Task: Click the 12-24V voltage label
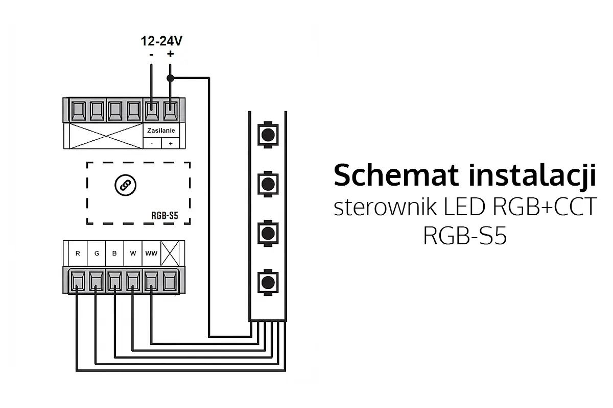pyautogui.click(x=162, y=41)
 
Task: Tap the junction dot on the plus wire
pyautogui.click(x=170, y=78)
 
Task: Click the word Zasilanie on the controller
pyautogui.click(x=161, y=131)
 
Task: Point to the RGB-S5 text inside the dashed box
pyautogui.click(x=165, y=215)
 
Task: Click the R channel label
pyautogui.click(x=78, y=253)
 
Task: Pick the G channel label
pyautogui.click(x=97, y=253)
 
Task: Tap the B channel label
pyautogui.click(x=115, y=253)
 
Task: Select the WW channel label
pyautogui.click(x=151, y=253)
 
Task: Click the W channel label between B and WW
pyautogui.click(x=133, y=253)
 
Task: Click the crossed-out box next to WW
pyautogui.click(x=169, y=252)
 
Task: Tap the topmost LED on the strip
pyautogui.click(x=267, y=134)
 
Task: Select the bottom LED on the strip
pyautogui.click(x=267, y=281)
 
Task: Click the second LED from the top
pyautogui.click(x=267, y=183)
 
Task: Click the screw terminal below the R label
pyautogui.click(x=78, y=279)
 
